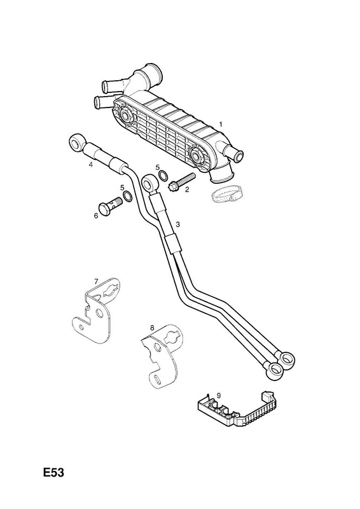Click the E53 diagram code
coord(54,473)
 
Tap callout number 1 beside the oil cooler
coord(221,124)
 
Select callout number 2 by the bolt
coord(187,190)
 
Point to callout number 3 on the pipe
coord(177,224)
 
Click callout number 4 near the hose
coord(91,165)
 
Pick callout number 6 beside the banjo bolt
coord(96,216)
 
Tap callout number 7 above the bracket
coord(96,281)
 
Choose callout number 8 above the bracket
coord(152,328)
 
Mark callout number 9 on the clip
coord(219,395)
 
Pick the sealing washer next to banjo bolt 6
coord(127,196)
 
